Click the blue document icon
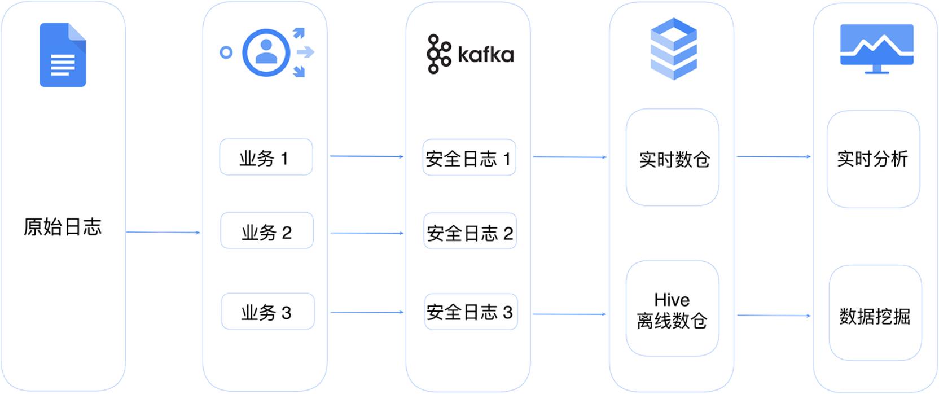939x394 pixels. click(63, 55)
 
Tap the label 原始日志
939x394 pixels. click(63, 227)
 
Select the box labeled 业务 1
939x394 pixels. click(266, 157)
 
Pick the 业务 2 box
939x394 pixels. click(267, 230)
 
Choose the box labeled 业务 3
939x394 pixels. click(268, 311)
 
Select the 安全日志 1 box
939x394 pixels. click(469, 157)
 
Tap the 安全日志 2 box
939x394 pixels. click(470, 231)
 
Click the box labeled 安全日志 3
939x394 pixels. click(471, 312)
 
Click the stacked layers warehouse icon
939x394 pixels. click(674, 49)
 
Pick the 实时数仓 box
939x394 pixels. click(673, 157)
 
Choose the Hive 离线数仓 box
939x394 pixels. click(673, 309)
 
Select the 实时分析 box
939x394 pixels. click(874, 159)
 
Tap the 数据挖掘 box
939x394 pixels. click(875, 313)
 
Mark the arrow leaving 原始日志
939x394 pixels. click(164, 232)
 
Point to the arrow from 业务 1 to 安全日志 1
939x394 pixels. click(367, 156)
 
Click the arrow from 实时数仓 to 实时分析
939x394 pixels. click(774, 157)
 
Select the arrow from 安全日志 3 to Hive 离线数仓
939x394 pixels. click(569, 314)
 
